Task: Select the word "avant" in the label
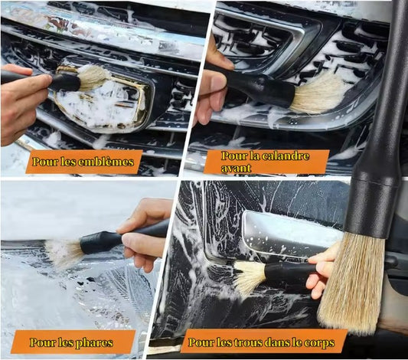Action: (236, 168)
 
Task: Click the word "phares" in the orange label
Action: (94, 343)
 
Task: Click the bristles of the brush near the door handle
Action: (250, 278)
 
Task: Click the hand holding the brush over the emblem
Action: (22, 103)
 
